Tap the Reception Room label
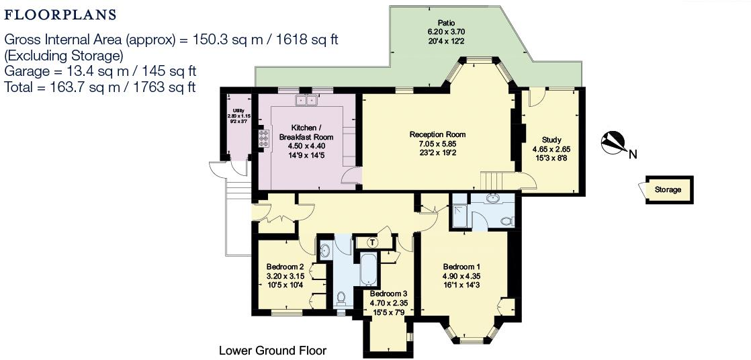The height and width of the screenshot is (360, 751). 437,134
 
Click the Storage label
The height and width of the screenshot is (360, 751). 668,189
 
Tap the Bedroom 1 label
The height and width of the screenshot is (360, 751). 461,267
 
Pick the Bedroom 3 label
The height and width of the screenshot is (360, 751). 388,294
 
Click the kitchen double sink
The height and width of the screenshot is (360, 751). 306,101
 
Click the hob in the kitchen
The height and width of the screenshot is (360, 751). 263,138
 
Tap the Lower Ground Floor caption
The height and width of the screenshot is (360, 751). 272,351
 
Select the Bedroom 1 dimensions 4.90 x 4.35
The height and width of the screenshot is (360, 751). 461,276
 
